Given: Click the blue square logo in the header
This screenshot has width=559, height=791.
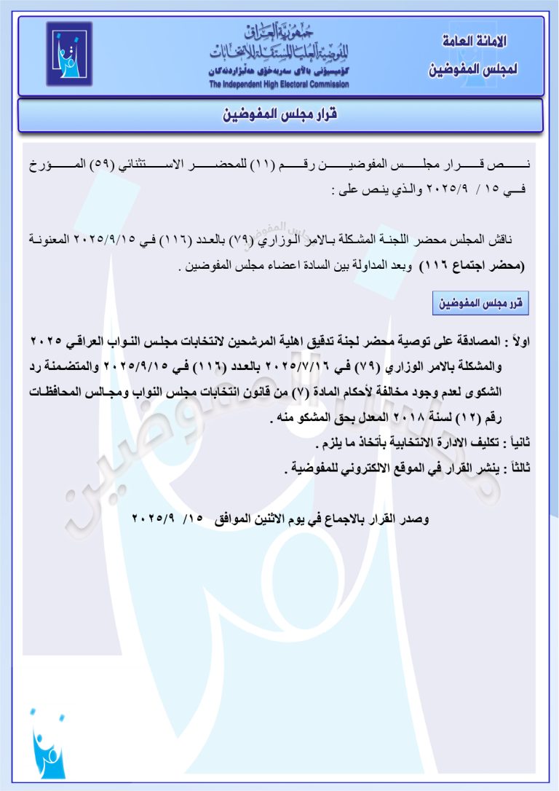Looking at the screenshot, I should tap(69, 54).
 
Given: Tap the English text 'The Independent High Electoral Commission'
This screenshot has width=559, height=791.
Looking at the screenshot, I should tap(279, 84).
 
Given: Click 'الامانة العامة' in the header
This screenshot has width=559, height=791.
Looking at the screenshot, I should tap(474, 41).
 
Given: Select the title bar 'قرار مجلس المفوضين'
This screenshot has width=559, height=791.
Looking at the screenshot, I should tap(280, 116).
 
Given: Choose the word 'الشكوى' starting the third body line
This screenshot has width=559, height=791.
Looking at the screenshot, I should tap(485, 393).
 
